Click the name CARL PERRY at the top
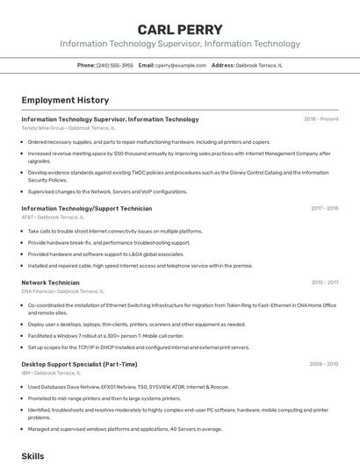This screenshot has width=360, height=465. point(180,29)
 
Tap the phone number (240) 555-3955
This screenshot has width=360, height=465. point(115,65)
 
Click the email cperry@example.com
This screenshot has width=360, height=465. point(182,65)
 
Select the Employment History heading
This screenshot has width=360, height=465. point(65,100)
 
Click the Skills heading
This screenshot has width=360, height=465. point(32,456)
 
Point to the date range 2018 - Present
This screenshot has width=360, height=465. point(320,119)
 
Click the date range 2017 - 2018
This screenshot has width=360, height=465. point(324,209)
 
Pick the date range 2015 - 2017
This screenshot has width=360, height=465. point(324,283)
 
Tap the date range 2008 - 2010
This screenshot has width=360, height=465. point(323,363)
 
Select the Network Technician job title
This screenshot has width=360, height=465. point(50,283)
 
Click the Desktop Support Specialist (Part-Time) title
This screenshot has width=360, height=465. point(79,363)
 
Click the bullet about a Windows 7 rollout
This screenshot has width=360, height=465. point(105,335)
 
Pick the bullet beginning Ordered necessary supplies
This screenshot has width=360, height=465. point(149,141)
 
